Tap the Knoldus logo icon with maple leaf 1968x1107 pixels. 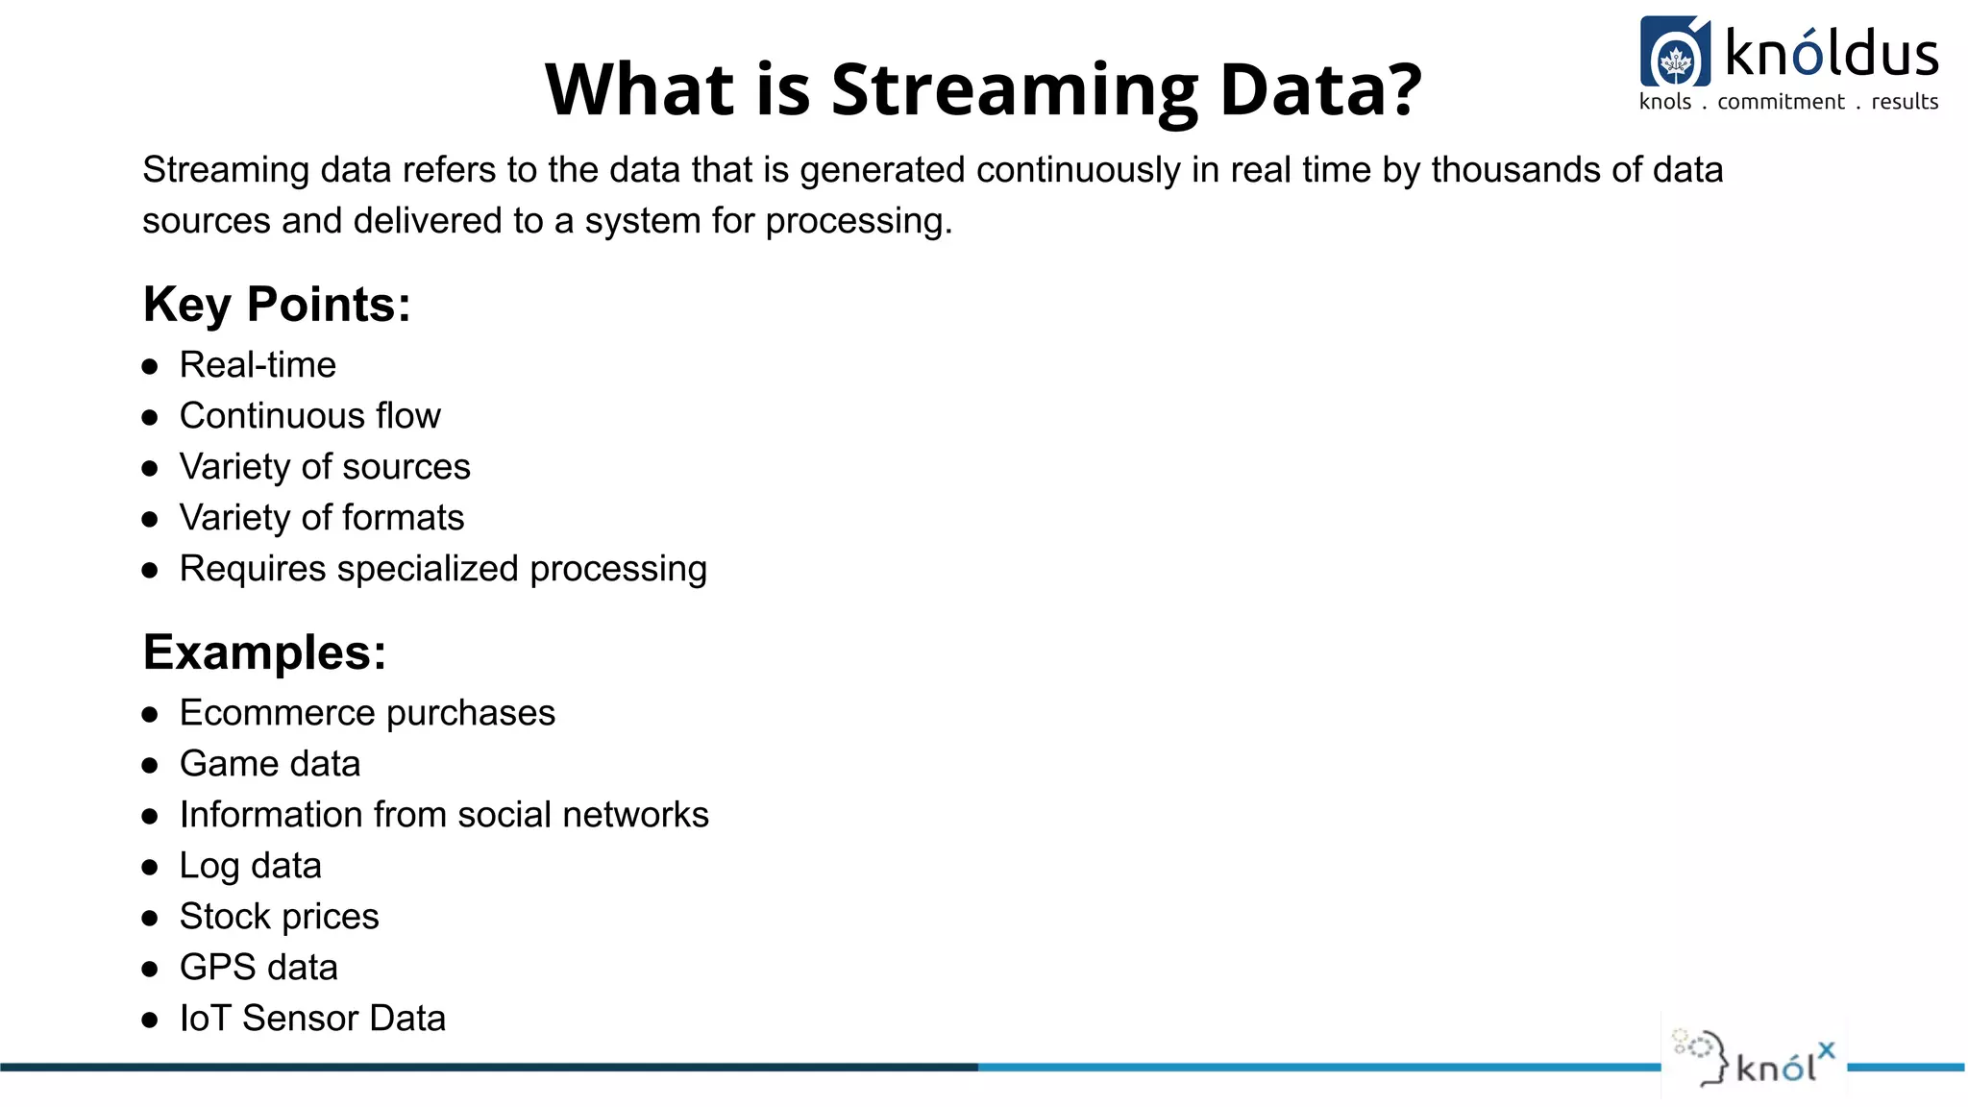tap(1675, 54)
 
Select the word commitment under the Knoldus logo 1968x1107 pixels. tap(1781, 102)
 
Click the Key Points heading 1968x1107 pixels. tap(277, 305)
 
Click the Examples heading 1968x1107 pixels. tap(264, 652)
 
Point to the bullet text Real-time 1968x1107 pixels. tap(258, 365)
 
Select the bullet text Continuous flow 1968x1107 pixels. tap(309, 416)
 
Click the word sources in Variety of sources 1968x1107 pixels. tap(406, 467)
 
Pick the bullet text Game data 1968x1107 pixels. tap(269, 764)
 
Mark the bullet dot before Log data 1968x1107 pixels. tap(150, 867)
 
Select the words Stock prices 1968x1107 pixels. tap(279, 917)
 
